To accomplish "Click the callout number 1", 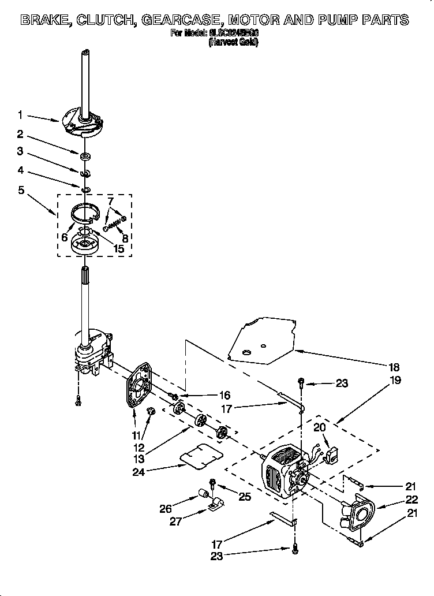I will tap(20, 115).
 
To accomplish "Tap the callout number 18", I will tap(394, 367).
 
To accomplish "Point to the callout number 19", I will tap(394, 381).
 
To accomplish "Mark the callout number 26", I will tap(166, 509).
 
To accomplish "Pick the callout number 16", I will tap(225, 396).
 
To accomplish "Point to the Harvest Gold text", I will tap(233, 42).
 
